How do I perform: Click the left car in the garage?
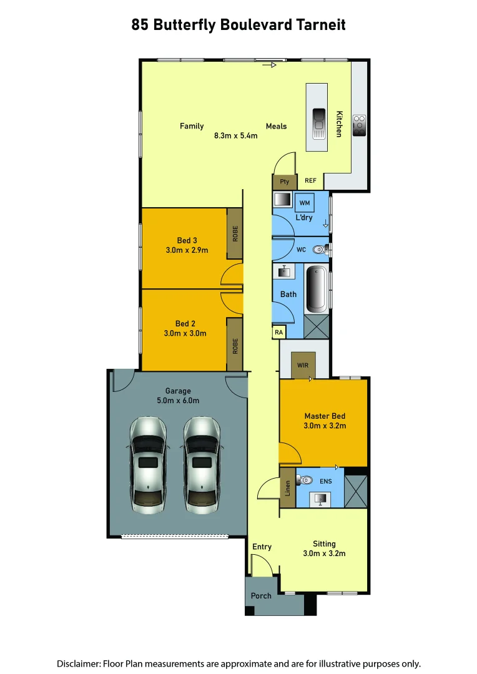148,465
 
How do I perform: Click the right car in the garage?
202,465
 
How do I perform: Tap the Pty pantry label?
285,182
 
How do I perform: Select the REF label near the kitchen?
310,182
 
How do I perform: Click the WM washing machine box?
305,203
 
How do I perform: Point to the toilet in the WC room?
321,250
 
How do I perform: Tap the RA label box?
278,333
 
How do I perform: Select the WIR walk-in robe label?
303,364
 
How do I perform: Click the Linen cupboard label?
287,487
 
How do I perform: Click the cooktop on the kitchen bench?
359,125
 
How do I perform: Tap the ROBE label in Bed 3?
235,233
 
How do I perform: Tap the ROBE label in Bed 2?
235,345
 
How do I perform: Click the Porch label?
261,596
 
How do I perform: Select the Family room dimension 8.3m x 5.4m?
236,135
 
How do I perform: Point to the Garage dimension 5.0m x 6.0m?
178,401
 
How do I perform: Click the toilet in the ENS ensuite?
305,481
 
